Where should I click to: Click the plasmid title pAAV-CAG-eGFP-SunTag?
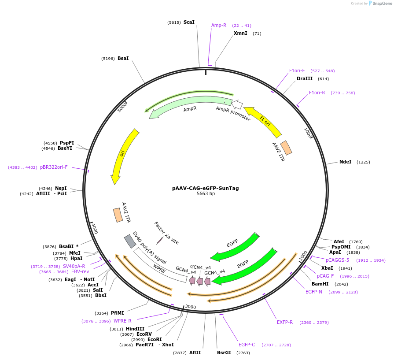click(x=205, y=188)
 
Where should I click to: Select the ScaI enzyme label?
click(x=189, y=22)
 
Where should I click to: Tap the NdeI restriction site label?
click(x=345, y=162)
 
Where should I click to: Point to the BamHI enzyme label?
click(x=320, y=284)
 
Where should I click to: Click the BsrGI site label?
click(x=224, y=353)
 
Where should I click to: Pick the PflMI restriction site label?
click(x=118, y=313)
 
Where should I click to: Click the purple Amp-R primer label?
click(x=219, y=25)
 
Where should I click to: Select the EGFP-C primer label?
click(x=247, y=345)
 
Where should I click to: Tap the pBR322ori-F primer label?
click(x=54, y=167)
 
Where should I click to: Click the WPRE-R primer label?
click(x=122, y=321)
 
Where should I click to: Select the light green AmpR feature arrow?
click(x=185, y=106)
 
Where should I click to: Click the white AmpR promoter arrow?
click(x=237, y=104)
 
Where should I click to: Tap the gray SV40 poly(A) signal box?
click(x=130, y=241)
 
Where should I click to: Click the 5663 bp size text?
click(x=206, y=194)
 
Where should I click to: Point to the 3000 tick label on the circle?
click(x=190, y=307)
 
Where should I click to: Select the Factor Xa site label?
click(x=166, y=233)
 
